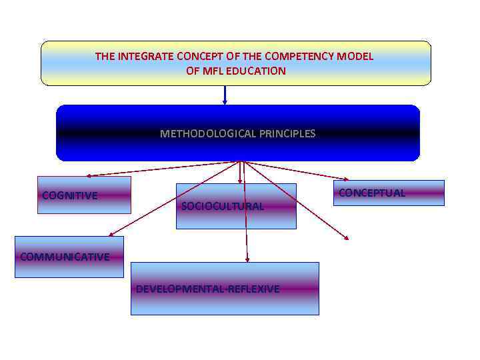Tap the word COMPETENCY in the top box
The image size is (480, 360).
[x=302, y=57]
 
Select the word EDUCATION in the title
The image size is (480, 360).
[x=257, y=71]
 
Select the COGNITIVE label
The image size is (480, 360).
[x=69, y=195]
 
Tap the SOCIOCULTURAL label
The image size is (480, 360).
[x=223, y=206]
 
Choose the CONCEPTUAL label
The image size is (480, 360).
[x=372, y=193]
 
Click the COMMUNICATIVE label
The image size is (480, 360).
[x=65, y=257]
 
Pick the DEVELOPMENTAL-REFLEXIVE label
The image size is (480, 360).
[x=208, y=289]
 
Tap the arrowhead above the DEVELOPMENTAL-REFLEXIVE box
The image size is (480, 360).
[x=247, y=259]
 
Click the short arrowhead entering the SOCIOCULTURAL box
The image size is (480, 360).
[x=240, y=181]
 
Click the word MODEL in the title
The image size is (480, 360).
[x=355, y=57]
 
